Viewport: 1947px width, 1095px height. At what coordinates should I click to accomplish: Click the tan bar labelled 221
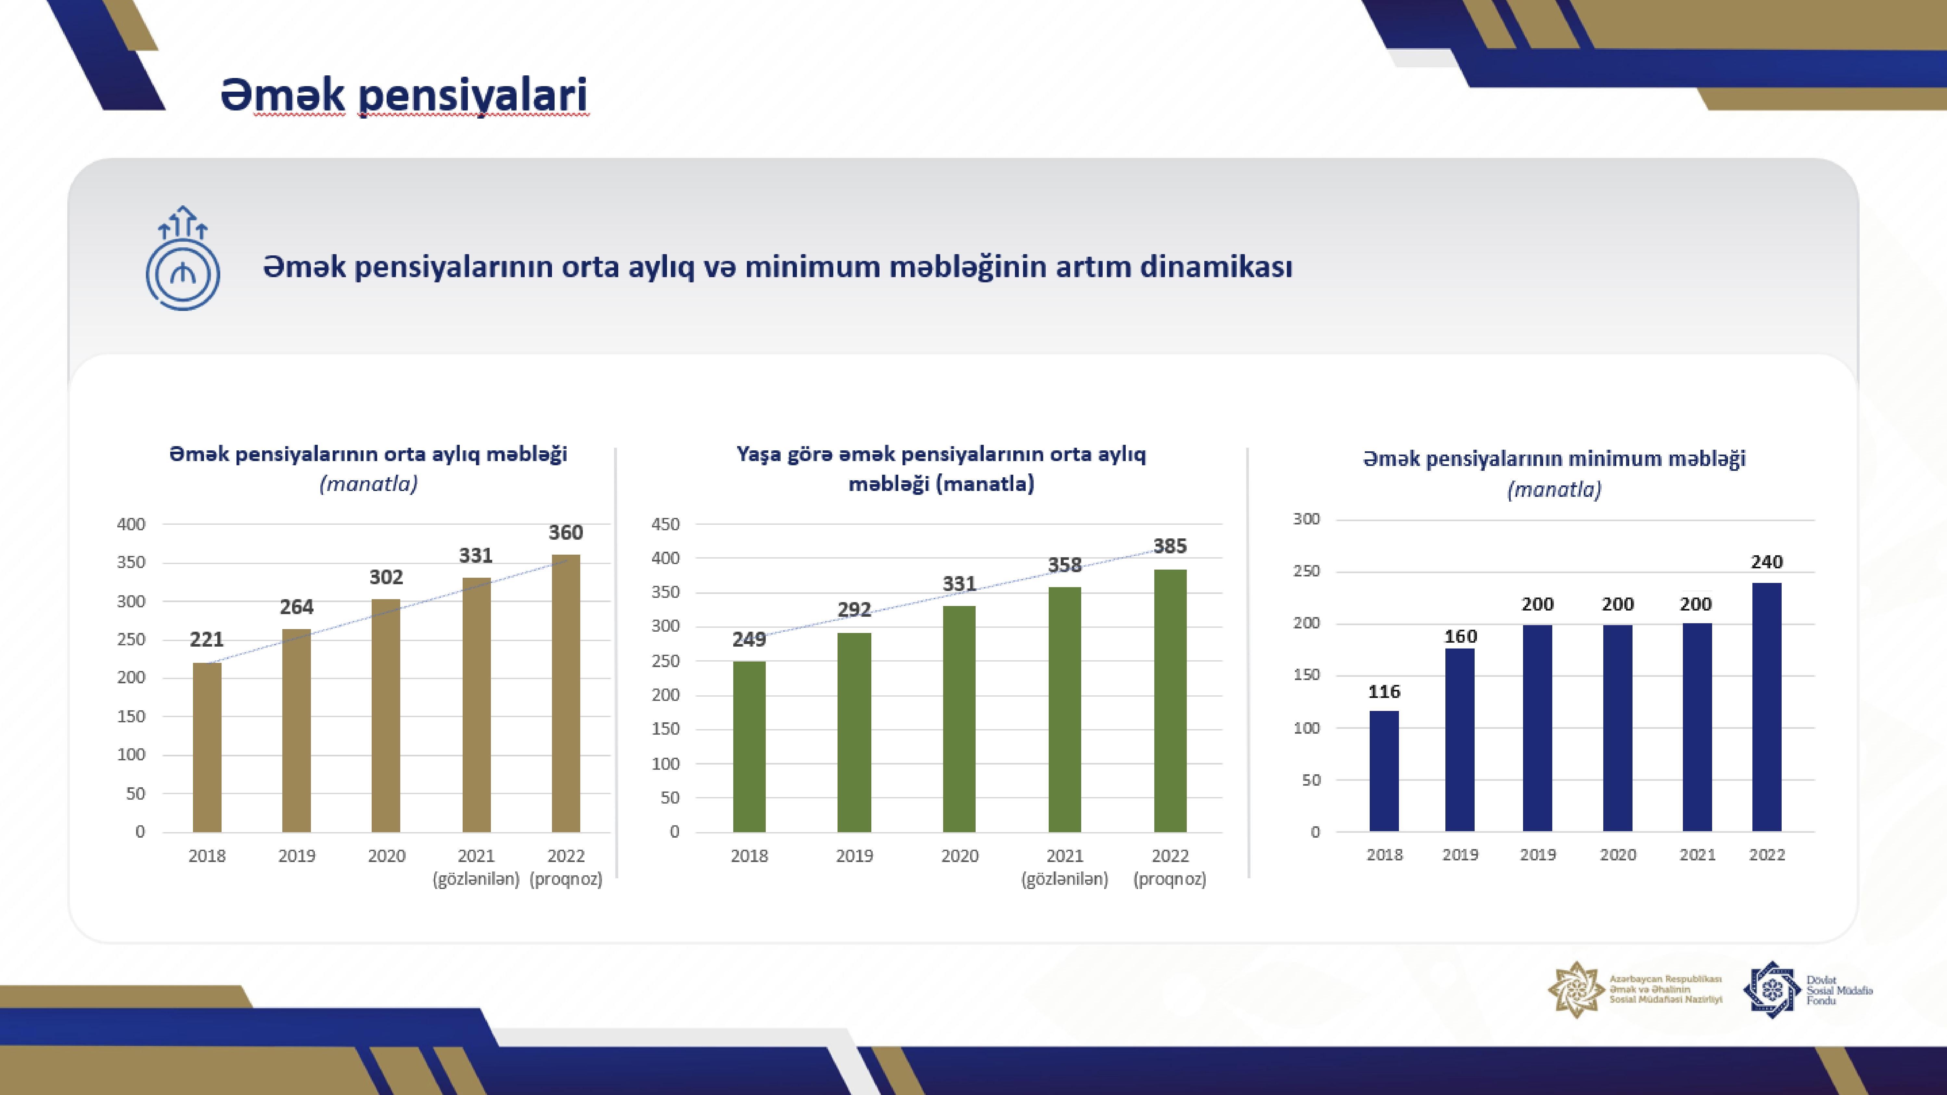(x=207, y=747)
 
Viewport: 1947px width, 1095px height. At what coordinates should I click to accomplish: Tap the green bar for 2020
(x=959, y=719)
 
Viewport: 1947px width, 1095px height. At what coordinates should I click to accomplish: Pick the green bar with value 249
(x=749, y=747)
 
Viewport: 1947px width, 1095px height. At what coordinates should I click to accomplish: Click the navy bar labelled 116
(x=1384, y=771)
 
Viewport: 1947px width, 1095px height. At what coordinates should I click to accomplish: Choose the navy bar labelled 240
(x=1766, y=707)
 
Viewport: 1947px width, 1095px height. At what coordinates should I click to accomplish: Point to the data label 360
(x=565, y=533)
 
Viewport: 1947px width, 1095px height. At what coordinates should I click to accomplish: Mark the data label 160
(x=1460, y=636)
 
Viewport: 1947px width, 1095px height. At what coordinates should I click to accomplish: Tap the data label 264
(x=296, y=607)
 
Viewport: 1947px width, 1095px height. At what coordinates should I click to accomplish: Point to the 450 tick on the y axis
(x=665, y=524)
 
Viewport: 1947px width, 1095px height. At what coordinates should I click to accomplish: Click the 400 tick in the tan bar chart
(x=131, y=524)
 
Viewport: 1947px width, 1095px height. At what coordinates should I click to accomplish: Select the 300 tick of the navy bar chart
(x=1306, y=518)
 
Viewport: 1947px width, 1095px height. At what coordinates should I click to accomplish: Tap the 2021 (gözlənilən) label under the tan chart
(x=476, y=867)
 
